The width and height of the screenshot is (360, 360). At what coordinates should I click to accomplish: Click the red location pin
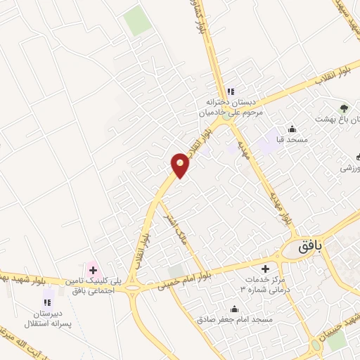coord(181,166)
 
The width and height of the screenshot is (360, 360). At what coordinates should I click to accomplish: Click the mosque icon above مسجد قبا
coord(292,129)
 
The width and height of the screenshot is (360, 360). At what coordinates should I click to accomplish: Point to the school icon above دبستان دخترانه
coord(230,91)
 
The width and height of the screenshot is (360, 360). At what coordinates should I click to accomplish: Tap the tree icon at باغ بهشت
coord(344,108)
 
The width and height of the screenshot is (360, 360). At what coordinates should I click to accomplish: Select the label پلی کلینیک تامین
coord(102,282)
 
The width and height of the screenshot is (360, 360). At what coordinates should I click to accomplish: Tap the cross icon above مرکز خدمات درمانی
coord(265,269)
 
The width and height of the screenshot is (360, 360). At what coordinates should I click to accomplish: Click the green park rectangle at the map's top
coord(137,23)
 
